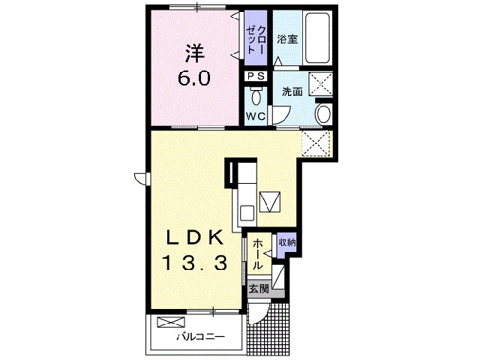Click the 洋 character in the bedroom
[x=194, y=54]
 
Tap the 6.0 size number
[x=193, y=78]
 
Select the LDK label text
[x=194, y=238]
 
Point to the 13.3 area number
[x=193, y=262]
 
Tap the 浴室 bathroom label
[x=287, y=39]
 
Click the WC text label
[x=255, y=116]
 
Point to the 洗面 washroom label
[x=292, y=92]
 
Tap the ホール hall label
[x=257, y=259]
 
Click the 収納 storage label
[x=286, y=242]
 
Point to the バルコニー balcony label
[x=200, y=336]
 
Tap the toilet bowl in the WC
[x=256, y=96]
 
